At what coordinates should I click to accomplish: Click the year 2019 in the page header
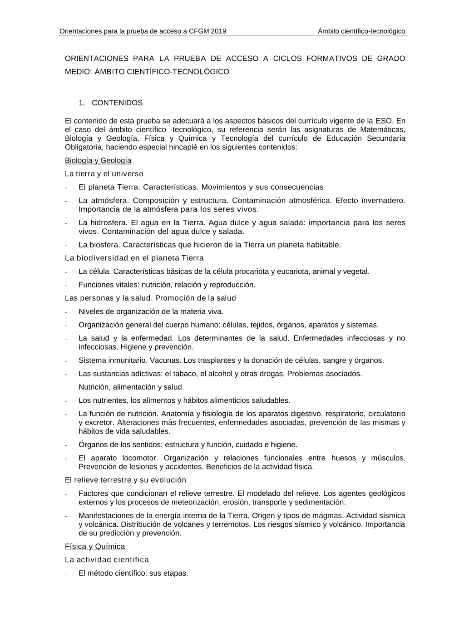[x=218, y=31]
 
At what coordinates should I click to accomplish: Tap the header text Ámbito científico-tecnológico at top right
[x=361, y=31]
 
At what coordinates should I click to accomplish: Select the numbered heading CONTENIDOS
[x=117, y=103]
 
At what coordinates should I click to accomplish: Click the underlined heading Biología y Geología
[x=98, y=161]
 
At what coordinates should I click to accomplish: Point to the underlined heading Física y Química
[x=95, y=547]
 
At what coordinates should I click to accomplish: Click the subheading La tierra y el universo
[x=104, y=174]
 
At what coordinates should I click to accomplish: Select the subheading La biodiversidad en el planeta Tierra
[x=134, y=258]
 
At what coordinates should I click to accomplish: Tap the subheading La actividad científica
[x=107, y=560]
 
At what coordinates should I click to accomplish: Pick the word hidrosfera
[x=108, y=223]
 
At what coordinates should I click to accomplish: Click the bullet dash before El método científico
[x=66, y=574]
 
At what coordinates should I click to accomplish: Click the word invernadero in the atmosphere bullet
[x=383, y=201]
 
